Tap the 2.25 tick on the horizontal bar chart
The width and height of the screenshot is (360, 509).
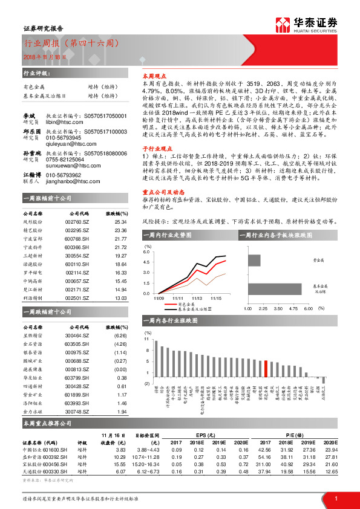(x=263, y=308)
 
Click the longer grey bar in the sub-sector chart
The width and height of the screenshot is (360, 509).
(x=280, y=288)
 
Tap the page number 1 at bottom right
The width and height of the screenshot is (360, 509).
(x=335, y=498)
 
